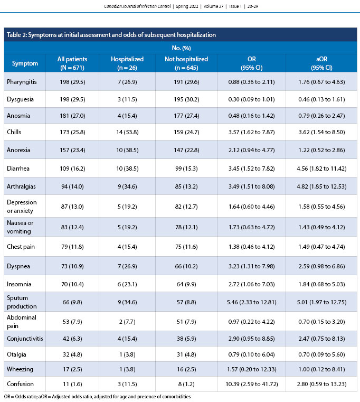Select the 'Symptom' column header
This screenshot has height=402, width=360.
click(x=25, y=63)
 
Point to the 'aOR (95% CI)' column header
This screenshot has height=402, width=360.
click(x=321, y=63)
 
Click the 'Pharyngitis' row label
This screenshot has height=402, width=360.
click(x=22, y=82)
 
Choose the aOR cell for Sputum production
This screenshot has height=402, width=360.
click(x=321, y=302)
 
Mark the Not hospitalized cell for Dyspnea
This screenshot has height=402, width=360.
click(x=186, y=265)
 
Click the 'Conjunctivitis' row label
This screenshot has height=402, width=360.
click(x=25, y=340)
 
